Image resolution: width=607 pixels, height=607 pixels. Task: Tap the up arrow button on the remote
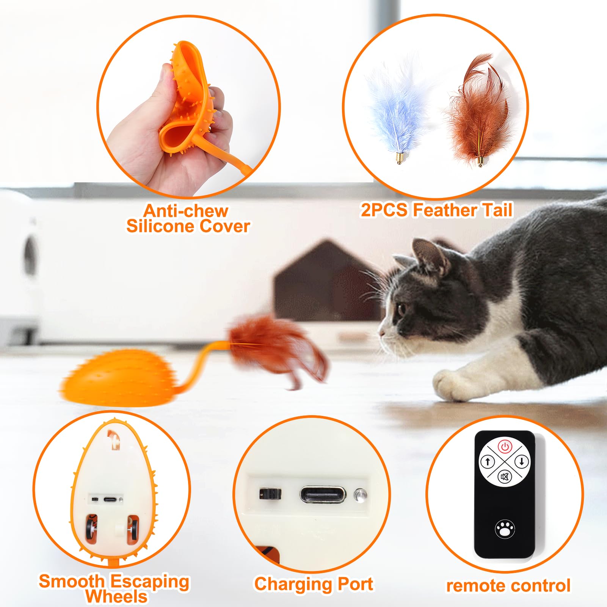[x=488, y=461]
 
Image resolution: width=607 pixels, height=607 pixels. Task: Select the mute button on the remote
[x=505, y=477]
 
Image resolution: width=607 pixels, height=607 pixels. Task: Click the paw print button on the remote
[x=505, y=528]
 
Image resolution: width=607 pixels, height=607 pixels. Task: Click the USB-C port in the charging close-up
[x=323, y=495]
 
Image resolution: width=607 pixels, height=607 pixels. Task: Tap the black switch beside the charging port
[x=270, y=494]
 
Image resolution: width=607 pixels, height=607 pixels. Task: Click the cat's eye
[x=401, y=309]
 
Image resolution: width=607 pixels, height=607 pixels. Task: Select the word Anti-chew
[x=186, y=211]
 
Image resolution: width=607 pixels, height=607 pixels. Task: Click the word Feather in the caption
[x=445, y=210]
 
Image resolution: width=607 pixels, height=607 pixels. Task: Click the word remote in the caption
[x=476, y=586]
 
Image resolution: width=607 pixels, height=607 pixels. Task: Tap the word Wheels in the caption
[x=116, y=596]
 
